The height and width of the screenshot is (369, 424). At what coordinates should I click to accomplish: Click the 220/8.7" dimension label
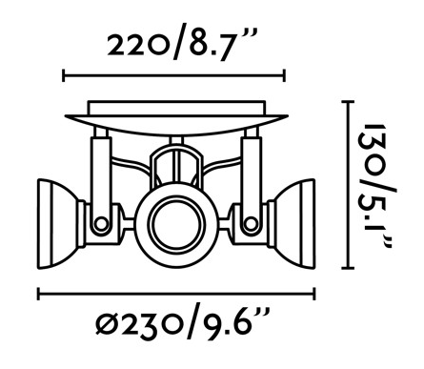click(x=182, y=44)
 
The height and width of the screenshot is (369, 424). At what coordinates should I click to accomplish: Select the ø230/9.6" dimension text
click(x=183, y=324)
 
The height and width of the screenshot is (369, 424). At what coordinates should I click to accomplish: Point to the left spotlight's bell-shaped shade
click(x=59, y=224)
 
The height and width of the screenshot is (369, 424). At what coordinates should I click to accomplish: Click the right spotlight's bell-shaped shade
click(x=293, y=224)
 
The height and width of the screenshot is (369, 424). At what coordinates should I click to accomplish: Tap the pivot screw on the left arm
click(x=102, y=223)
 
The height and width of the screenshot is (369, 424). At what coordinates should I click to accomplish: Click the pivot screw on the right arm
click(x=251, y=223)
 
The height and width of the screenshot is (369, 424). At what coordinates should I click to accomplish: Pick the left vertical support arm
click(x=101, y=181)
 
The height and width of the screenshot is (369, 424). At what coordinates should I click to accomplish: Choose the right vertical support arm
click(x=251, y=181)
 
